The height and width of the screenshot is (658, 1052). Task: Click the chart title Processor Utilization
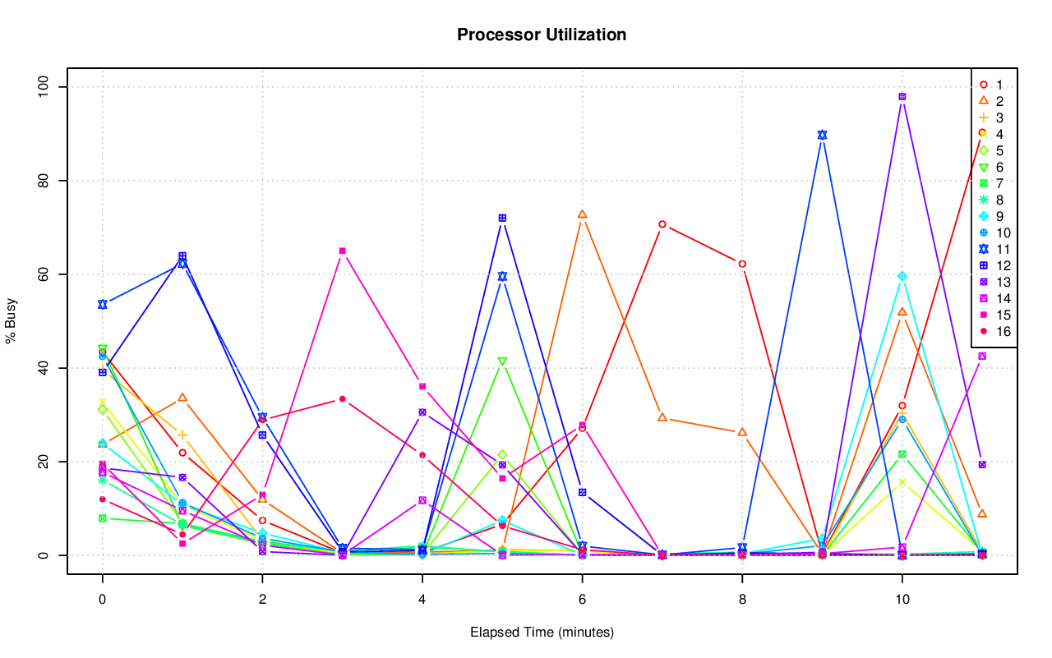point(542,35)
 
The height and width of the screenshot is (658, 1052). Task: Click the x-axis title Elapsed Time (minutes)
point(542,633)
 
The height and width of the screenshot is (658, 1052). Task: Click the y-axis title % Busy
point(12,321)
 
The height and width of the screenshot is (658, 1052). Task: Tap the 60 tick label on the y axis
point(44,274)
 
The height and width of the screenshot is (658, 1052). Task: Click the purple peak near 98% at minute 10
point(902,96)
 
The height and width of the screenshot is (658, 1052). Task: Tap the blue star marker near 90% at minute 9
point(822,135)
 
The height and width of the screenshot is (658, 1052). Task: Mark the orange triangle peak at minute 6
point(582,214)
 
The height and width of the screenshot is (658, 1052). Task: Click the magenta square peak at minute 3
point(342,251)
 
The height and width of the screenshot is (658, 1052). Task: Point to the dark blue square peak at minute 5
point(502,218)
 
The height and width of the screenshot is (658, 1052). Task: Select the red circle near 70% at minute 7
point(662,224)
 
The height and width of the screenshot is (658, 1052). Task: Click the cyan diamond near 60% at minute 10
point(902,276)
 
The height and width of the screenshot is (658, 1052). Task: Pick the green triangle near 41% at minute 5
point(502,361)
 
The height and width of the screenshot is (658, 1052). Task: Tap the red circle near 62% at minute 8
point(742,264)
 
